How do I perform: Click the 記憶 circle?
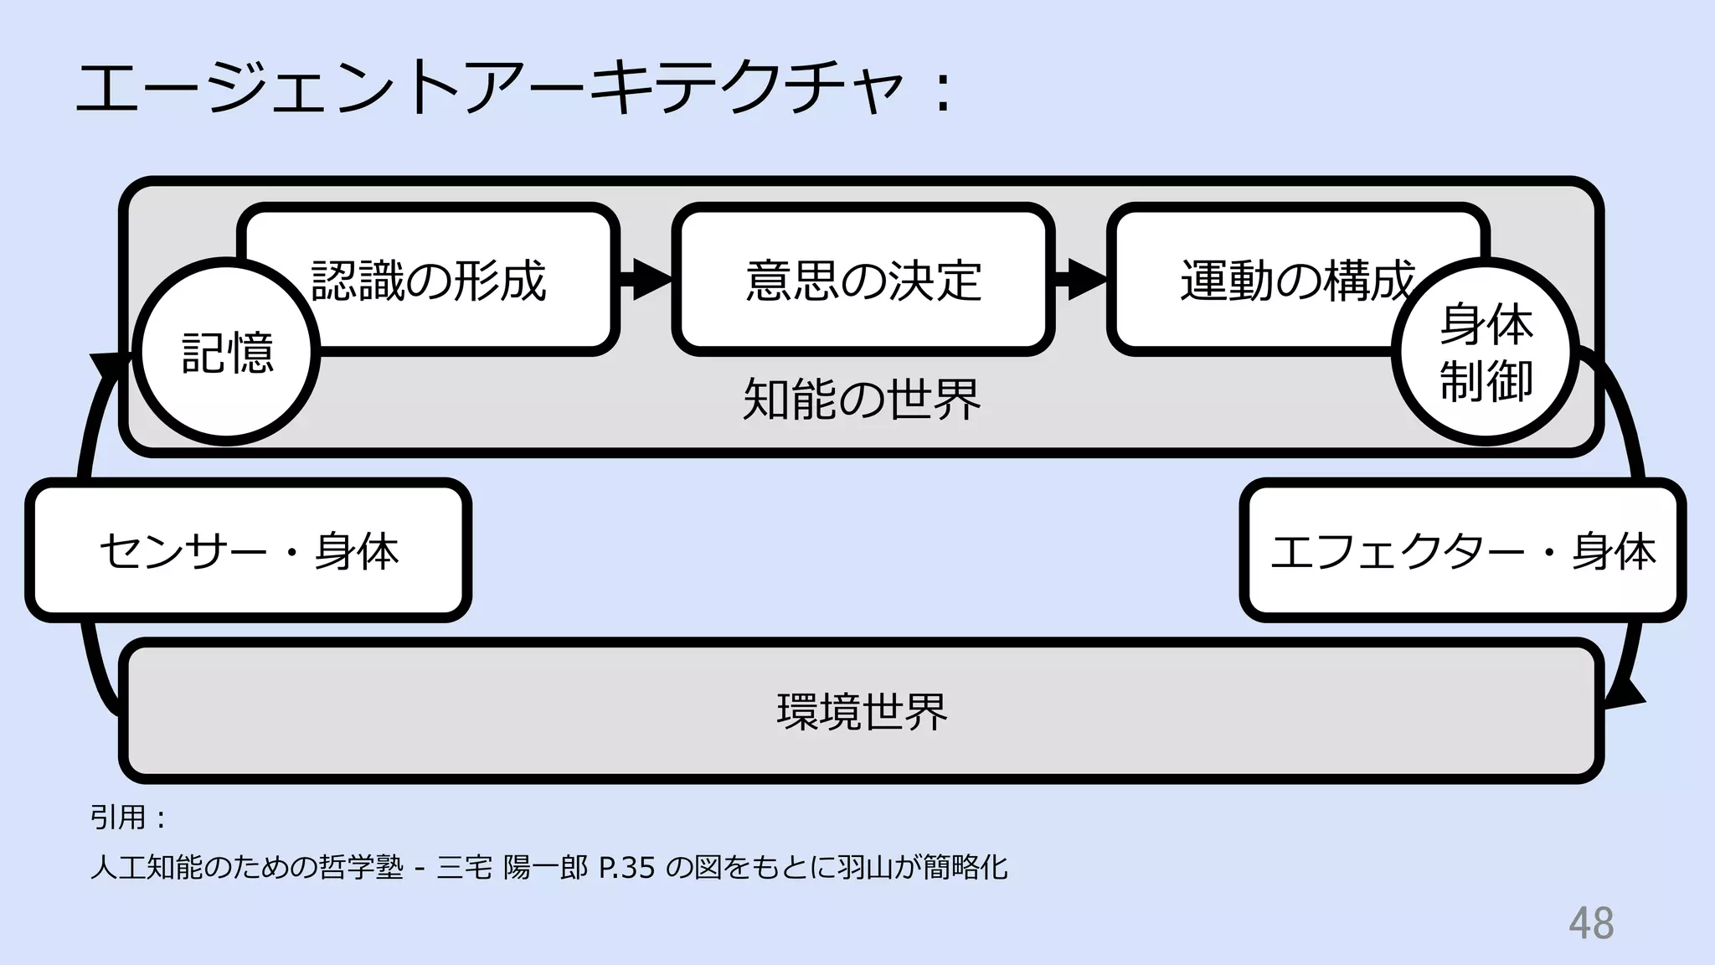[x=227, y=352]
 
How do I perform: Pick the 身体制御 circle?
[x=1486, y=352]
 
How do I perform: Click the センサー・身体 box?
[x=249, y=550]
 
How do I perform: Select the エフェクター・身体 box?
[x=1462, y=550]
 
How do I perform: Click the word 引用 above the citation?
[x=118, y=817]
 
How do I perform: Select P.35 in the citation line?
[x=627, y=868]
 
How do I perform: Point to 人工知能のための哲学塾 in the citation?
[x=247, y=868]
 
